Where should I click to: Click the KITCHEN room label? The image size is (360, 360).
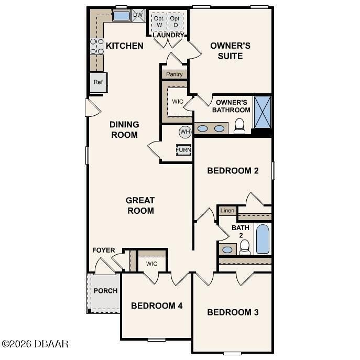click(x=124, y=46)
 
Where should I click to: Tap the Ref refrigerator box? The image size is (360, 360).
click(x=98, y=82)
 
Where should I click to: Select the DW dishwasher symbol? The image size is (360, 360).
click(x=138, y=15)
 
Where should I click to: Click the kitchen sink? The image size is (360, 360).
click(x=122, y=16)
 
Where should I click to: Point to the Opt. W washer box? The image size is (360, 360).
click(x=159, y=22)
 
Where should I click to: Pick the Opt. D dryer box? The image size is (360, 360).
click(x=177, y=22)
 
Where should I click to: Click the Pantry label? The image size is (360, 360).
click(x=174, y=74)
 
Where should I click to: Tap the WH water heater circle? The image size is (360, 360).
click(x=185, y=131)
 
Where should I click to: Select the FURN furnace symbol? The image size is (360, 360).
click(x=183, y=150)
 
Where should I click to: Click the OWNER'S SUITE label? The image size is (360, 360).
click(x=230, y=50)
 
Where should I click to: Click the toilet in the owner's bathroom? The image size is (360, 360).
click(x=239, y=126)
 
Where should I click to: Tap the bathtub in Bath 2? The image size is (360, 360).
click(x=263, y=238)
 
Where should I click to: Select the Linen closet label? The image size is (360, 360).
click(x=227, y=211)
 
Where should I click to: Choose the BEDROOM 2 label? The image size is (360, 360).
click(x=233, y=170)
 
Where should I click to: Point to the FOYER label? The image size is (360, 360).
click(x=103, y=250)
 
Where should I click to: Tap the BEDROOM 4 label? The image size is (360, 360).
click(x=157, y=306)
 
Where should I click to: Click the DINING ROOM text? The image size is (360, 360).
click(x=124, y=129)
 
